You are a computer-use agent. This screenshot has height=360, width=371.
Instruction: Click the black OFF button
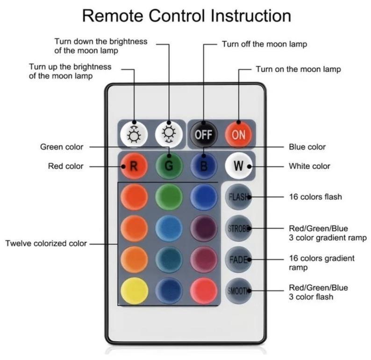[203, 135]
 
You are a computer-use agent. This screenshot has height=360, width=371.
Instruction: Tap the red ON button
[238, 135]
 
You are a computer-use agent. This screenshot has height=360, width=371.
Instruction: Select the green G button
[169, 166]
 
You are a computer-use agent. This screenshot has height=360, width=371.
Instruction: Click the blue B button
[203, 166]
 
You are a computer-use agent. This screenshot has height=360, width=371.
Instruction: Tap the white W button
[238, 166]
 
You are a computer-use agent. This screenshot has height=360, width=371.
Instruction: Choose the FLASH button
[238, 197]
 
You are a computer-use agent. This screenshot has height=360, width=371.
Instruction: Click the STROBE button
[238, 228]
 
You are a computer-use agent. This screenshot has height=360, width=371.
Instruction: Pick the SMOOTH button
[238, 290]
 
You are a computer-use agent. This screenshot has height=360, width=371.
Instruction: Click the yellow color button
[134, 290]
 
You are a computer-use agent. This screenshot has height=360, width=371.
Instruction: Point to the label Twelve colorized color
[46, 243]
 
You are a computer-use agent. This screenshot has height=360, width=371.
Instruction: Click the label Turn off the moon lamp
[264, 44]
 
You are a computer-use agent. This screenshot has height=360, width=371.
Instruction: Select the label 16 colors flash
[315, 197]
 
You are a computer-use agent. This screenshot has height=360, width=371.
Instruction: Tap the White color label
[309, 166]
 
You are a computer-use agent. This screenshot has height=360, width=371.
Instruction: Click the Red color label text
[65, 166]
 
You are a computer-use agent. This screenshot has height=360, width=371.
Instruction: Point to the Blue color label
[307, 147]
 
